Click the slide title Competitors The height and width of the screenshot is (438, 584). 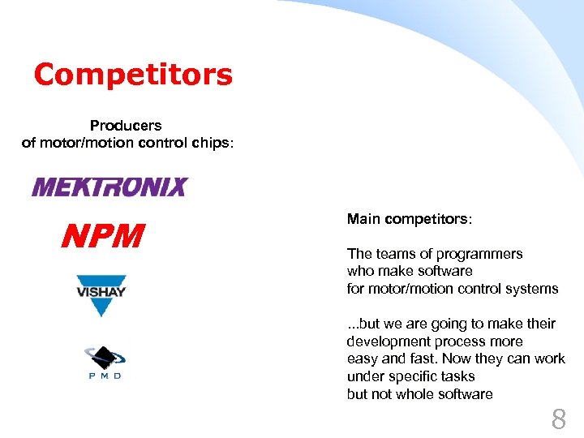click(133, 75)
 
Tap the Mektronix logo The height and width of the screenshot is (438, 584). click(109, 188)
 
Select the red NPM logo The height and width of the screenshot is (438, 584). click(103, 236)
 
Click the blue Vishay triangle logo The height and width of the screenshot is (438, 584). click(101, 294)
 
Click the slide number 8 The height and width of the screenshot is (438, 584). click(559, 419)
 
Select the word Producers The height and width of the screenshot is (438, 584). click(126, 126)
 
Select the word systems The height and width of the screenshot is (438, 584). click(531, 289)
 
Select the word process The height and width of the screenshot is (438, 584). click(455, 341)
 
